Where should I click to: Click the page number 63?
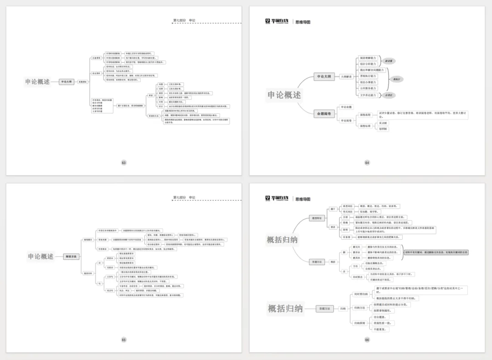(x=123, y=163)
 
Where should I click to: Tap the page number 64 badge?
(x=367, y=163)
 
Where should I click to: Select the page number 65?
(x=123, y=339)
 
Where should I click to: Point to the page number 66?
(x=367, y=339)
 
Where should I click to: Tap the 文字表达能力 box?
(x=368, y=95)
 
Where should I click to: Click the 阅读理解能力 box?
(x=368, y=58)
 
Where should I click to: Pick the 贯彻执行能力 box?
(x=368, y=77)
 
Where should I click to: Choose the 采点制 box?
(x=383, y=123)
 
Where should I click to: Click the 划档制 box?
(x=383, y=129)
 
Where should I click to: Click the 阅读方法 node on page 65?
(x=70, y=257)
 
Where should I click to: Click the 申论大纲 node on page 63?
(x=66, y=82)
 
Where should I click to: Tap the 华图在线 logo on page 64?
(x=277, y=21)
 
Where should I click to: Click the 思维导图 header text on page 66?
(x=302, y=199)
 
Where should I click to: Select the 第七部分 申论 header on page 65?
(x=184, y=197)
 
